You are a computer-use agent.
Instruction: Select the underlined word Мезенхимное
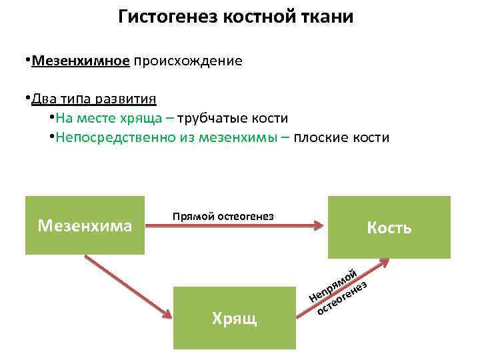(x=81, y=61)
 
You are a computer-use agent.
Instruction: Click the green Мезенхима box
(x=85, y=225)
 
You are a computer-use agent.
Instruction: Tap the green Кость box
(x=389, y=227)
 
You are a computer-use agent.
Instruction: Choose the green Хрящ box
(x=234, y=317)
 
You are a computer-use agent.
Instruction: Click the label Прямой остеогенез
(x=223, y=216)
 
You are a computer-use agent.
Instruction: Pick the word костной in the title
(x=255, y=17)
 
